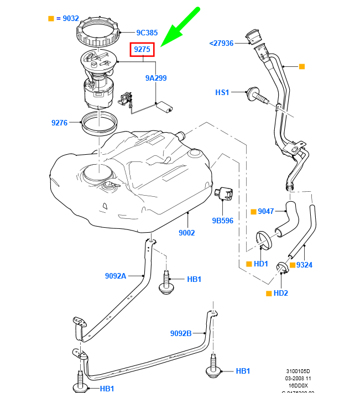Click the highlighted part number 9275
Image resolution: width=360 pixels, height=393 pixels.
tap(142, 50)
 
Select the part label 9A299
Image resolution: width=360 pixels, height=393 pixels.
tap(156, 78)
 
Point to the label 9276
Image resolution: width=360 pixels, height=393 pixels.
tap(59, 123)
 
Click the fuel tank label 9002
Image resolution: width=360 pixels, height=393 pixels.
tap(186, 233)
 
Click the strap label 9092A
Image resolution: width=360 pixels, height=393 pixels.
tap(116, 275)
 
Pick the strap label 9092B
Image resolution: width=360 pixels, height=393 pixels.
tap(181, 333)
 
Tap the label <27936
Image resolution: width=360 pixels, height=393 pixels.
tap(221, 43)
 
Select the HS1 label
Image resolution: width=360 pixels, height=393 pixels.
tap(222, 92)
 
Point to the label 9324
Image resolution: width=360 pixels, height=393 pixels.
tap(304, 265)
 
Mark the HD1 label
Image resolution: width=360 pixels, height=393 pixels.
tap(260, 264)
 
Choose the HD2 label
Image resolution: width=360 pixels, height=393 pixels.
tap(281, 293)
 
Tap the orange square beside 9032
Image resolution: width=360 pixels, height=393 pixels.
tap(51, 18)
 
